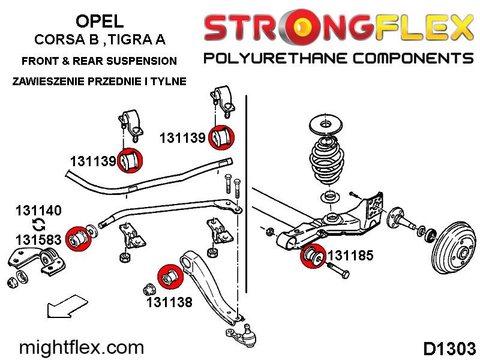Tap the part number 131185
[350, 256]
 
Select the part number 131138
[169, 302]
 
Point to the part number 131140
[38, 211]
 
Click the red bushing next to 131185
[312, 257]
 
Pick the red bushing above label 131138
[169, 277]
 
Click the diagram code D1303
[449, 349]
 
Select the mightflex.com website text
[82, 347]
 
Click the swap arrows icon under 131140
[38, 226]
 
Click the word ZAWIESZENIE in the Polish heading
[47, 81]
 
